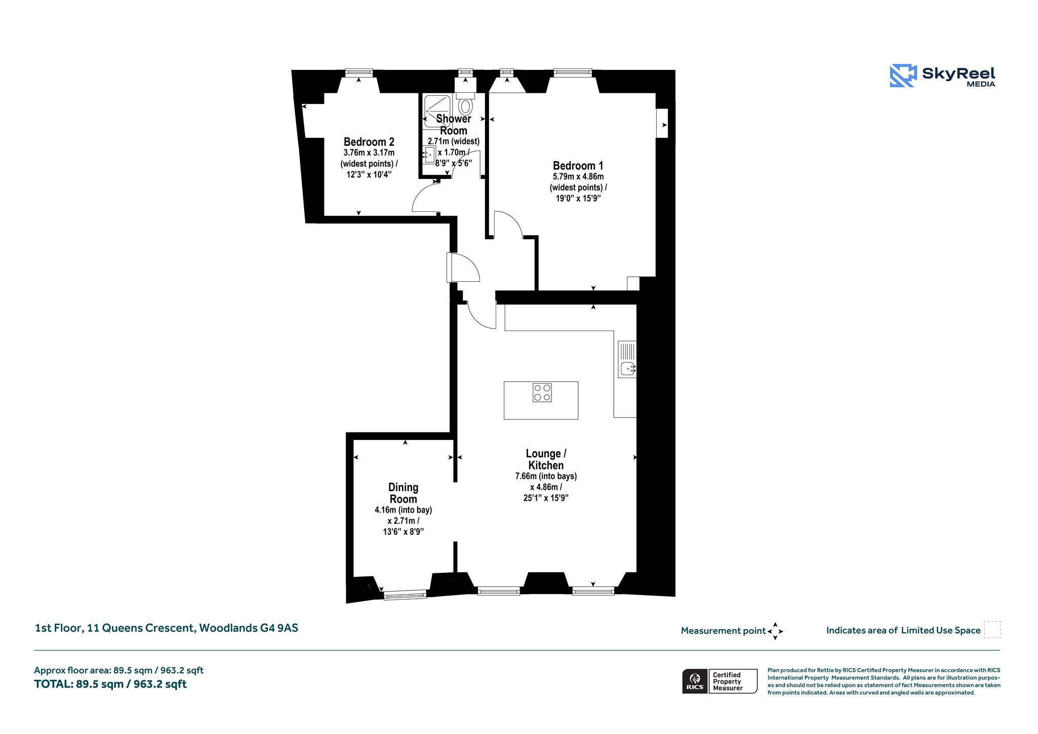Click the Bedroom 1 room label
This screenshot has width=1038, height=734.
coord(578,166)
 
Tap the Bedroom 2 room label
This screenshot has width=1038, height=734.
coord(368,142)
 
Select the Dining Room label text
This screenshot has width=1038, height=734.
coord(403,493)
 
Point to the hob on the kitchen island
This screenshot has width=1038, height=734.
coord(542,393)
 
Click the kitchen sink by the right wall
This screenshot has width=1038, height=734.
coord(627,359)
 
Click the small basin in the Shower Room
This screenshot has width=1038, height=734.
coord(429,155)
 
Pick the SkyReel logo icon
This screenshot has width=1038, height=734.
coord(903,76)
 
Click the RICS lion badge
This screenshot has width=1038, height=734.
coord(695,681)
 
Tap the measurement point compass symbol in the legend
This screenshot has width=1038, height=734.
coord(775,631)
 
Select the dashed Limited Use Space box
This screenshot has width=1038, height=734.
coord(992,630)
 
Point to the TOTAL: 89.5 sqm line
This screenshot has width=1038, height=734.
coord(110,684)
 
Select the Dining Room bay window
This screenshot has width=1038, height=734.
coord(405,595)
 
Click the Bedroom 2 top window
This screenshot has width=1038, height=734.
coord(359,73)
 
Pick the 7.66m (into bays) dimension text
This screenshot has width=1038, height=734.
coord(546,476)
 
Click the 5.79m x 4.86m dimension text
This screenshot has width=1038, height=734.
coord(578,176)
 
